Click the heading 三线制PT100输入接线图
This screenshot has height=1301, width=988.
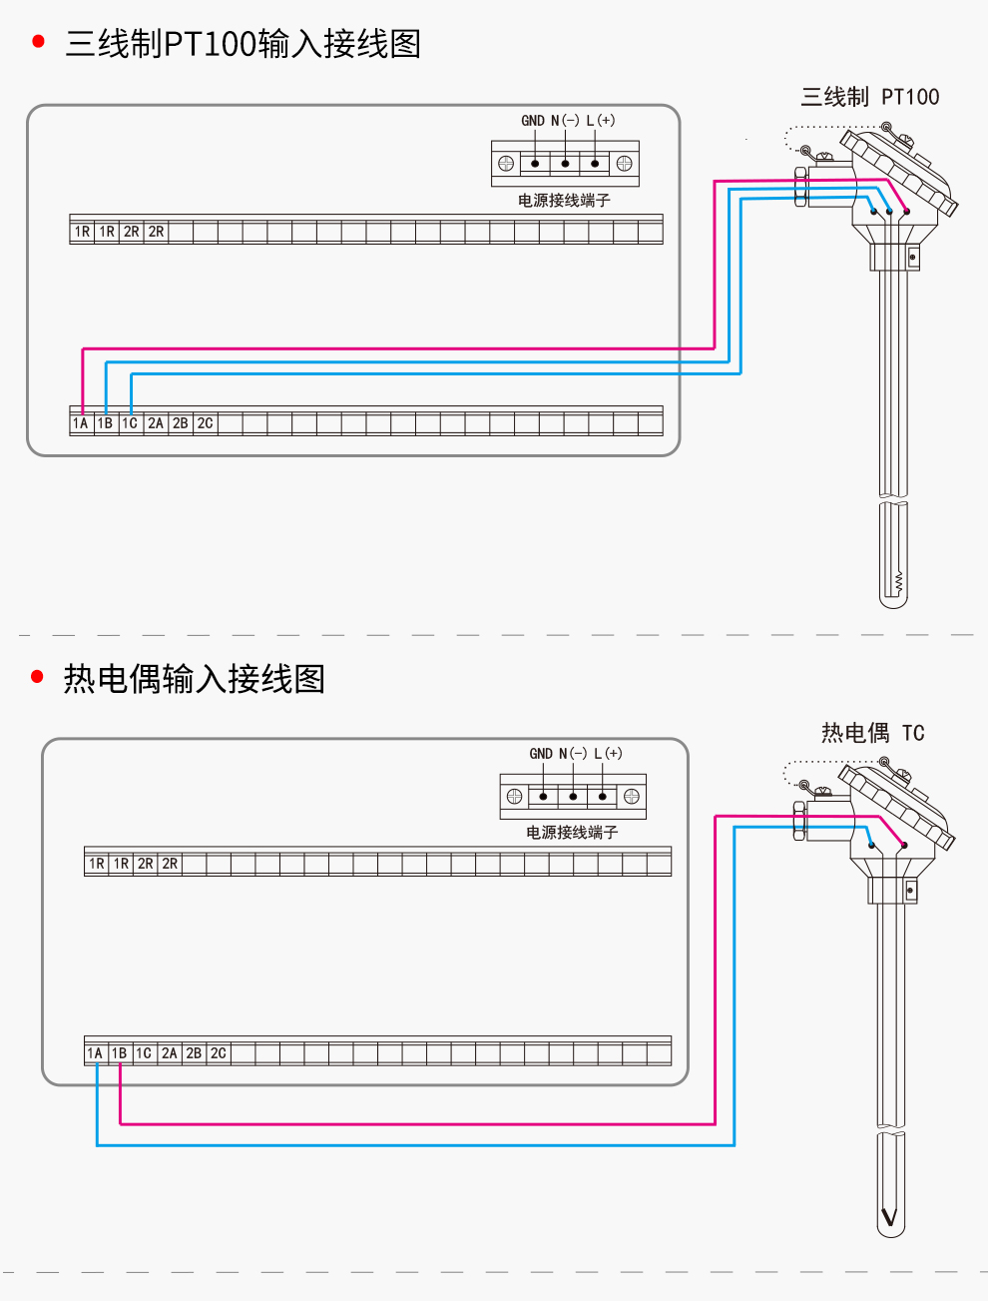[x=243, y=44]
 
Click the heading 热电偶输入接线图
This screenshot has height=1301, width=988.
[x=195, y=679]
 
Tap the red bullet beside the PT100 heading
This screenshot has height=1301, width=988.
[x=39, y=42]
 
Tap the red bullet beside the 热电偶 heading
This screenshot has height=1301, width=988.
[x=38, y=677]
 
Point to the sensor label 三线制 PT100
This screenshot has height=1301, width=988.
[x=869, y=97]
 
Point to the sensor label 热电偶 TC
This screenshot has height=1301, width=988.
[x=872, y=733]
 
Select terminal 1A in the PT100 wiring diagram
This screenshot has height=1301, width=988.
[x=81, y=423]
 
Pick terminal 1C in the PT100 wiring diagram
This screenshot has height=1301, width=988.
[x=130, y=423]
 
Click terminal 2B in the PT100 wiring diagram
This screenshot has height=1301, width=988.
[x=180, y=423]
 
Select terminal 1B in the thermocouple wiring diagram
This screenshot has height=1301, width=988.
[x=119, y=1053]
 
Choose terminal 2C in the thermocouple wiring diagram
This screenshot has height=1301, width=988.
[x=218, y=1053]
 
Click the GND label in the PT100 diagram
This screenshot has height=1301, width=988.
[x=533, y=121]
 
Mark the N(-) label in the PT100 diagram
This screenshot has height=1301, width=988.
[x=565, y=121]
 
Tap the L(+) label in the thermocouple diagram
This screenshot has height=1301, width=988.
[x=608, y=754]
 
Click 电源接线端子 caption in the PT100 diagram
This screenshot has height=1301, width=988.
[x=564, y=201]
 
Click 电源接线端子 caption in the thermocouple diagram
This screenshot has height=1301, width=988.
[x=572, y=833]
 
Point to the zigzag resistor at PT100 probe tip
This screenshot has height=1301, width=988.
[x=898, y=580]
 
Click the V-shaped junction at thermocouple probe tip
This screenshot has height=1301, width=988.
[x=889, y=1217]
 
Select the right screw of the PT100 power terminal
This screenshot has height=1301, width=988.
[x=625, y=164]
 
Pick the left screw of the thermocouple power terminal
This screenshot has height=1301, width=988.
[x=514, y=796]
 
